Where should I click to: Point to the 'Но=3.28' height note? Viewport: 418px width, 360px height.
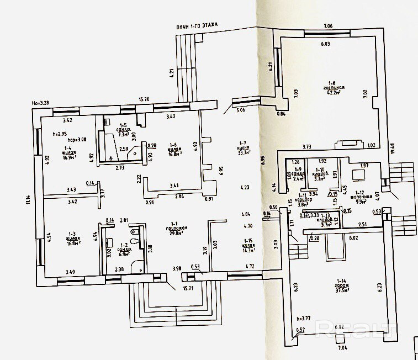pos(40,103)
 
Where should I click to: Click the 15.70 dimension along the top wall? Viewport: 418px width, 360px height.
pos(144,99)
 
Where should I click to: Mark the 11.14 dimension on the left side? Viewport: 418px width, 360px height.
pos(28,199)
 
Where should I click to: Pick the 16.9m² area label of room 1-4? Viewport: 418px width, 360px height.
pos(69,157)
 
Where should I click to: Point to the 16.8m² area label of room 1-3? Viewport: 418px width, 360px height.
pos(72,242)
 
